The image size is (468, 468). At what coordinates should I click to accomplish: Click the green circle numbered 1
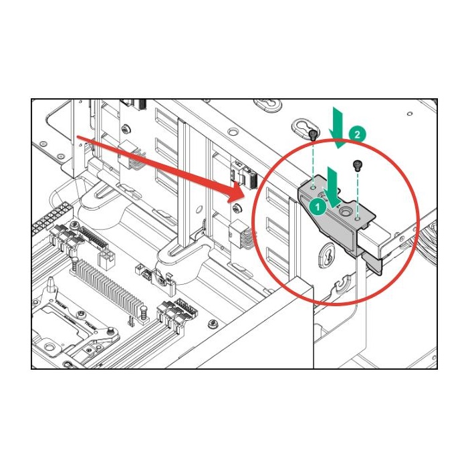[318, 207]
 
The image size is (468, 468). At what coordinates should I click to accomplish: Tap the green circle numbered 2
[356, 134]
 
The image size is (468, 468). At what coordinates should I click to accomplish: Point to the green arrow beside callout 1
[332, 188]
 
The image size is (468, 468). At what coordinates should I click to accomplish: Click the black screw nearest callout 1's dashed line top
[313, 135]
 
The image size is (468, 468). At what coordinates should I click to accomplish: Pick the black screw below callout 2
[356, 165]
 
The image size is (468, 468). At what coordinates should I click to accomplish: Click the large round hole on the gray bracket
[346, 212]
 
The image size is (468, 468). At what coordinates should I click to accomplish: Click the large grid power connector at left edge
[51, 217]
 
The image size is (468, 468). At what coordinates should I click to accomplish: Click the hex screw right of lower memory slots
[213, 323]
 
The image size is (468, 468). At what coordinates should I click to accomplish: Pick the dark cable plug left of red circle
[251, 179]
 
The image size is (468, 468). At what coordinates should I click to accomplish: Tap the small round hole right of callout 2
[410, 114]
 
